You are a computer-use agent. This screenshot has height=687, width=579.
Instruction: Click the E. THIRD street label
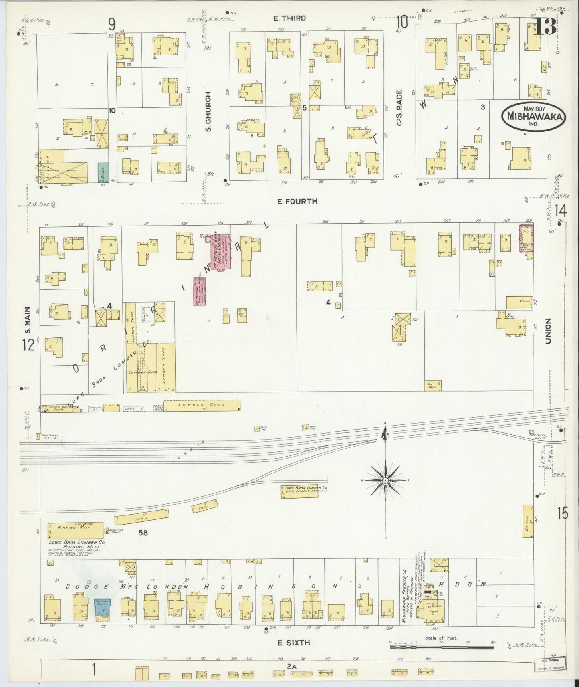289,18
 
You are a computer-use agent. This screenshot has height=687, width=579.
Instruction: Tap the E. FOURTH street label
297,201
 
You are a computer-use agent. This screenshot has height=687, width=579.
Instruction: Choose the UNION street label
548,331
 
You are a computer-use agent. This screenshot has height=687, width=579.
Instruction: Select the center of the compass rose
385,480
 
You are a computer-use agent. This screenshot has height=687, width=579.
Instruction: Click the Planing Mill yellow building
75,530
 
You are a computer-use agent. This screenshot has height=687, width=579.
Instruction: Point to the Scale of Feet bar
441,646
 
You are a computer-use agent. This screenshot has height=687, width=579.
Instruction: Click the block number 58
143,533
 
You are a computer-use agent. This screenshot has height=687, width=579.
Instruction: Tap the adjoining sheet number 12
29,344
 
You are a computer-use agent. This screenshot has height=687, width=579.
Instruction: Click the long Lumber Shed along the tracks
202,405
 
